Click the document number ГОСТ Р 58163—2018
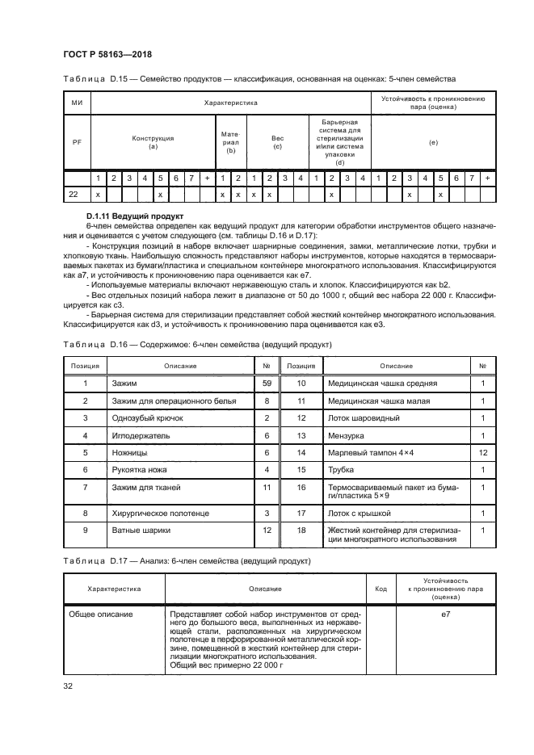tap(107, 55)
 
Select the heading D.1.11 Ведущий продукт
tap(132, 216)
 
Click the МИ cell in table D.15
tap(78, 103)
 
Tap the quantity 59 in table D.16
tap(266, 384)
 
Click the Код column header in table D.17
tap(381, 589)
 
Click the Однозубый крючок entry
tap(141, 418)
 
